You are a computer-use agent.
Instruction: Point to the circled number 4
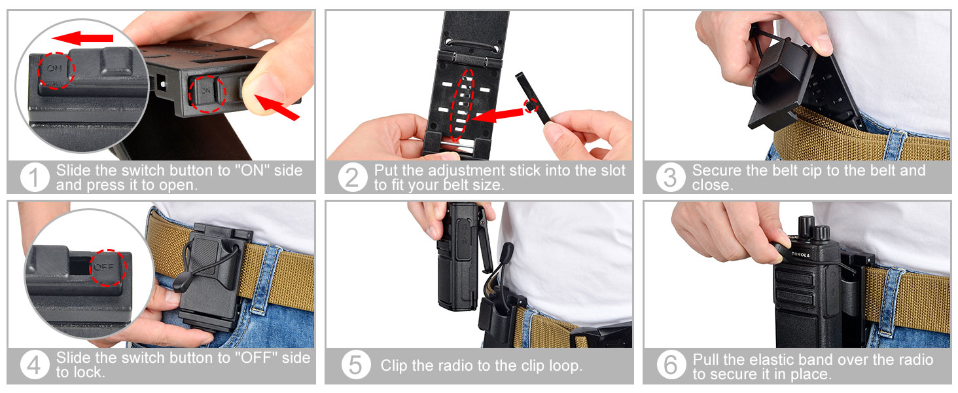(x=35, y=365)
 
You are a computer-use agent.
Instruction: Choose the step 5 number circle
(x=355, y=365)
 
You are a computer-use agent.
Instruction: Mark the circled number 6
(x=671, y=365)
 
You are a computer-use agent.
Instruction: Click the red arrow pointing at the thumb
(x=277, y=107)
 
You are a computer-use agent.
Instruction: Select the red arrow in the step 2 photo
(x=498, y=115)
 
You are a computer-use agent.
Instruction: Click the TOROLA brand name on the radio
(x=800, y=255)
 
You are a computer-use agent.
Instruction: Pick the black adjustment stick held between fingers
(x=533, y=102)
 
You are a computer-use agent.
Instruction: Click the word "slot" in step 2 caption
(x=611, y=171)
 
